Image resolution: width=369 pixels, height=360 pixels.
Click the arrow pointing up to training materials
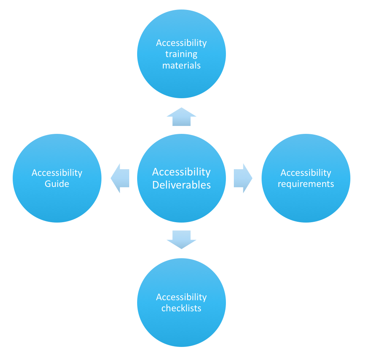182,117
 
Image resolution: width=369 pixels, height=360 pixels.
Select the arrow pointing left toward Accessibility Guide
120,178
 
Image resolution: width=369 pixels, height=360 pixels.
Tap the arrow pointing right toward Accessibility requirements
243,178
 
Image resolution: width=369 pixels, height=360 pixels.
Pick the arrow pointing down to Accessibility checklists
182,240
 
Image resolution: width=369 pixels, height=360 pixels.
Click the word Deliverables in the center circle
182,185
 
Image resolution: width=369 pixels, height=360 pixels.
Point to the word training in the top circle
181,54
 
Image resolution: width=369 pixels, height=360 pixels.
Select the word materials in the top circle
182,65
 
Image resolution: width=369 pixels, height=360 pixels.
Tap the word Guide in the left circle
57,184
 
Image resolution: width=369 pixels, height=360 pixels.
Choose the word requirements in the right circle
306,184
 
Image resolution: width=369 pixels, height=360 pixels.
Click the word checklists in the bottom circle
182,308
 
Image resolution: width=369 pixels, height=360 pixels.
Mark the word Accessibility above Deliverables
182,172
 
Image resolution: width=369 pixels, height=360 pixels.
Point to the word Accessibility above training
182,43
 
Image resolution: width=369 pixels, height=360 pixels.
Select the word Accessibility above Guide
57,173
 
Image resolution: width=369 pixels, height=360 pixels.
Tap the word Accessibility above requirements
306,173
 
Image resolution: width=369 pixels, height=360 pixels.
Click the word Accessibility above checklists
182,297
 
